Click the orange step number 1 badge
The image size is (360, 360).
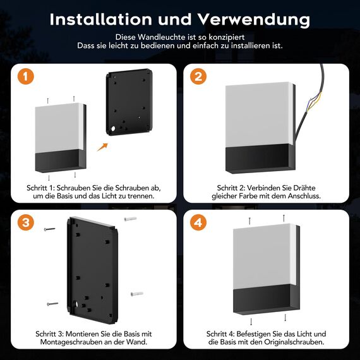pyautogui.click(x=25, y=78)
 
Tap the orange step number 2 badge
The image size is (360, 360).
pyautogui.click(x=199, y=78)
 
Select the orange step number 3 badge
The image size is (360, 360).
pyautogui.click(x=25, y=222)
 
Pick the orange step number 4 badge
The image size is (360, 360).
pyautogui.click(x=199, y=222)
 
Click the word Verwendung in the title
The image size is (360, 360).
pyautogui.click(x=256, y=19)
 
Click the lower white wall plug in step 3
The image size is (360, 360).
pyautogui.click(x=136, y=294)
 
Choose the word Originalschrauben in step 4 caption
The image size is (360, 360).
pyautogui.click(x=296, y=342)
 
